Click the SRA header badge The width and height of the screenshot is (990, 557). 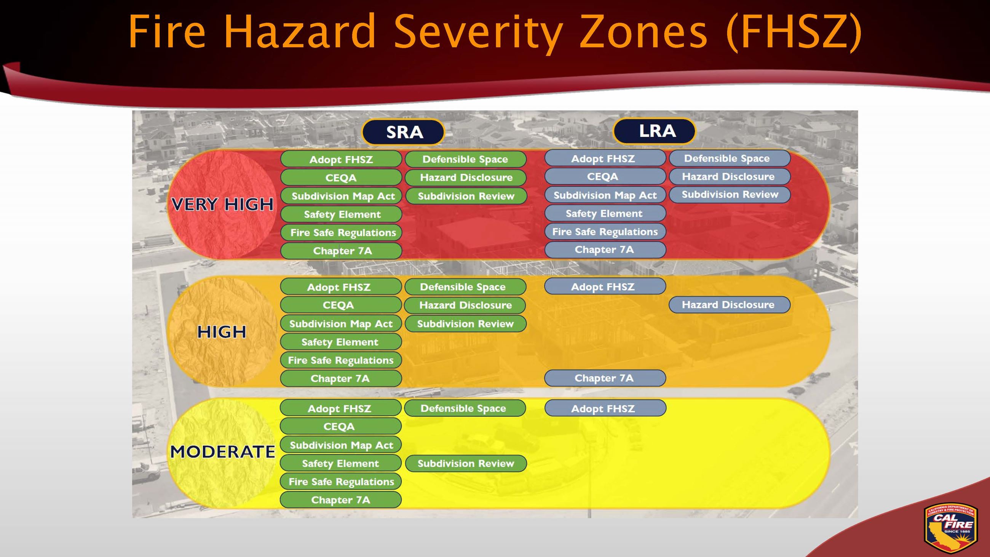pyautogui.click(x=404, y=132)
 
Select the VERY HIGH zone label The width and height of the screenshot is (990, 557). pyautogui.click(x=222, y=204)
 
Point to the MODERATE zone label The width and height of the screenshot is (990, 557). pyautogui.click(x=222, y=452)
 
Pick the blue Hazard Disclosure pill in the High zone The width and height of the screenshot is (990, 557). pyautogui.click(x=729, y=305)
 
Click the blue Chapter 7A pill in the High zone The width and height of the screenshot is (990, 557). pyautogui.click(x=605, y=378)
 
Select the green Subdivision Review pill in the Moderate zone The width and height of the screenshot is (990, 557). pyautogui.click(x=465, y=464)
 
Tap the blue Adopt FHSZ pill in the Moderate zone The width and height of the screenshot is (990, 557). pyautogui.click(x=605, y=408)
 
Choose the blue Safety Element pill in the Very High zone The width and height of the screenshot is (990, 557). pyautogui.click(x=605, y=213)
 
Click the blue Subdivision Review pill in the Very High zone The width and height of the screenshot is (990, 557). pyautogui.click(x=730, y=195)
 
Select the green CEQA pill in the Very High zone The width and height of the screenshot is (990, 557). pyautogui.click(x=341, y=178)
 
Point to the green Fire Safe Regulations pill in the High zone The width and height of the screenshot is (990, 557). pyautogui.click(x=341, y=360)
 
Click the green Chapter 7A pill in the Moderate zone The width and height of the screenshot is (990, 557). pyautogui.click(x=341, y=500)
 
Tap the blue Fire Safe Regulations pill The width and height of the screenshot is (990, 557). pyautogui.click(x=605, y=232)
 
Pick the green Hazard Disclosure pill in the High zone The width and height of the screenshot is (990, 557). pyautogui.click(x=465, y=305)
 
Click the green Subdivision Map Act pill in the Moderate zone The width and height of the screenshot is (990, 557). pyautogui.click(x=341, y=445)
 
